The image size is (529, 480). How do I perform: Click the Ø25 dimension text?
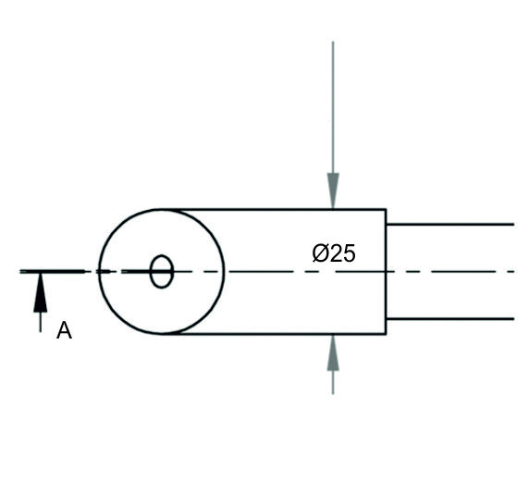[334, 253]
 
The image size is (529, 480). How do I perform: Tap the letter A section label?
[64, 330]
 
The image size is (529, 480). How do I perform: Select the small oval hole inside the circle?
[162, 272]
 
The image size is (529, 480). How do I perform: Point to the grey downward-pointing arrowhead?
[333, 191]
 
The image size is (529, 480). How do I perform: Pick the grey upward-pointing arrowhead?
[333, 352]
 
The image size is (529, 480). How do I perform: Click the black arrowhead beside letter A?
[41, 292]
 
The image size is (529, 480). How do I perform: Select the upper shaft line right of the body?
[450, 225]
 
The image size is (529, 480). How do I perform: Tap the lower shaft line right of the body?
[450, 319]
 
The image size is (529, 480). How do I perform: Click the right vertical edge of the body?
[386, 272]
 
